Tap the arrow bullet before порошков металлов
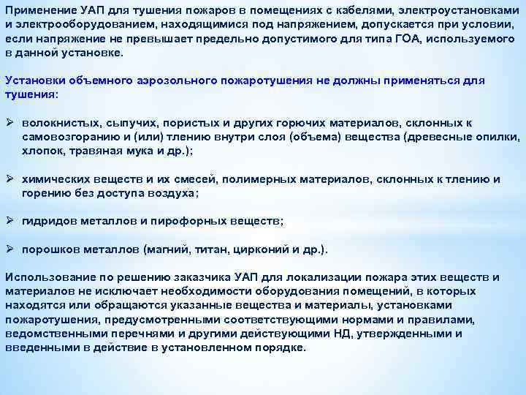click(9, 249)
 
